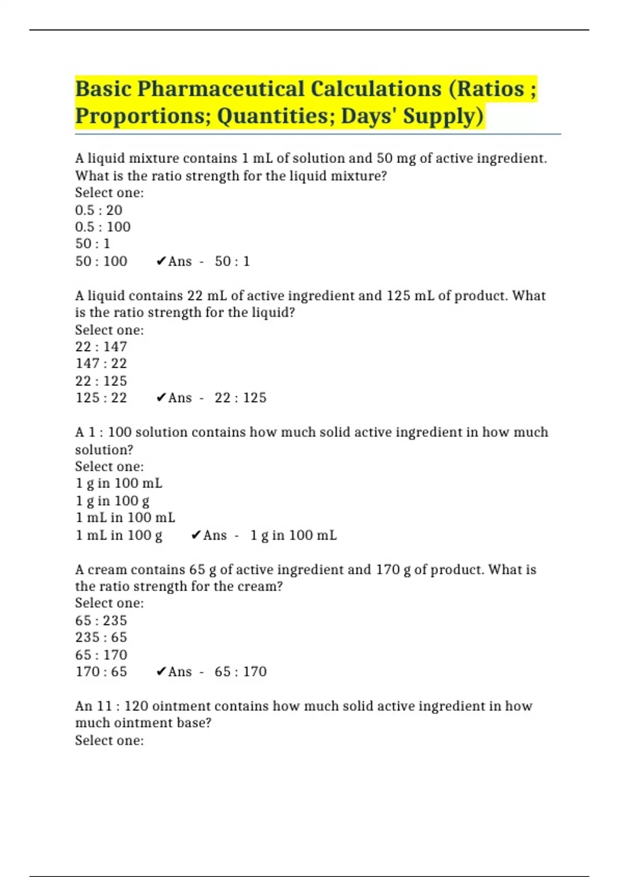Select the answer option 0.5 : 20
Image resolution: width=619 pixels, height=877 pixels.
99,210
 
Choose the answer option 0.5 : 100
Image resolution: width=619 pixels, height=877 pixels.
103,227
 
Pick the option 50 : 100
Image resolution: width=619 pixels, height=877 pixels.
101,261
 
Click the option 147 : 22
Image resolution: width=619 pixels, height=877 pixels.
101,364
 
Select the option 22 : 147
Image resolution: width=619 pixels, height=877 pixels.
101,347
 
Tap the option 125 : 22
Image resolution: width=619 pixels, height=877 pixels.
101,398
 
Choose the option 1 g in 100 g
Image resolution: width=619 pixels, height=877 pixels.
112,500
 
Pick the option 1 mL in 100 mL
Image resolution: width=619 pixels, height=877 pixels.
125,517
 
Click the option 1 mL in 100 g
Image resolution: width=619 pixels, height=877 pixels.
119,535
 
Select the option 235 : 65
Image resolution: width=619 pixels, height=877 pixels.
101,637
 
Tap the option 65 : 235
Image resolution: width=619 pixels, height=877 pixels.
101,620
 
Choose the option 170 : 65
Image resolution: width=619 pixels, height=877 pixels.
101,672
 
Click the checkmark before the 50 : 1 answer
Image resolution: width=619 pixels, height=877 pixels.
161,262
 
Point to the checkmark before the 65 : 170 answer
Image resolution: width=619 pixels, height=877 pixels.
161,672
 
